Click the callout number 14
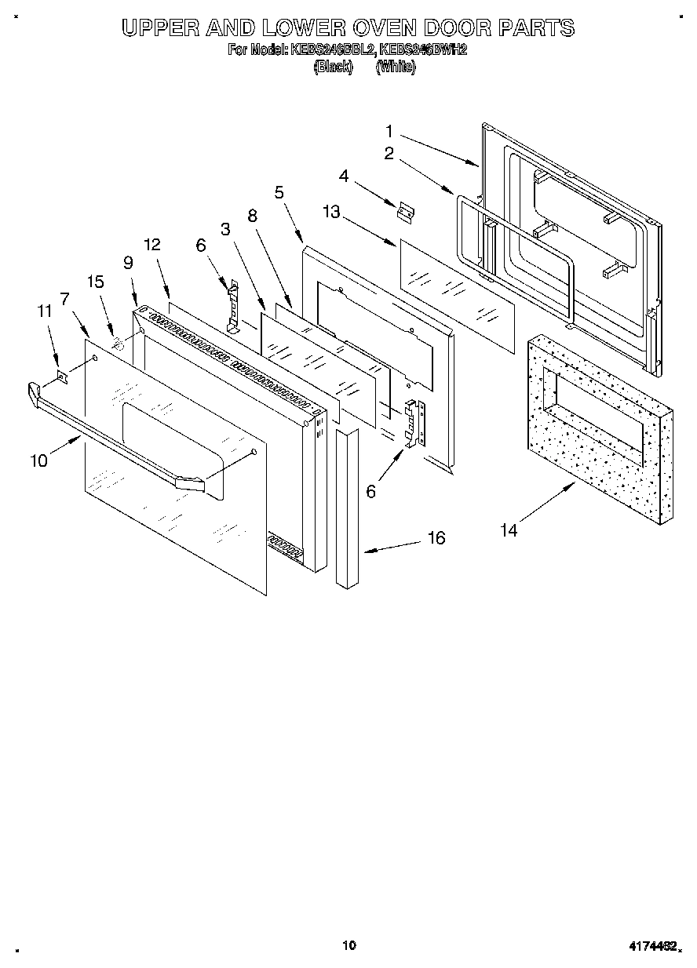[x=509, y=531]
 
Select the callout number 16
[x=436, y=537]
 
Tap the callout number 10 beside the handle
[x=38, y=460]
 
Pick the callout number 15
[x=95, y=282]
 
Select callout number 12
[x=151, y=245]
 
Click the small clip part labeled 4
[x=406, y=211]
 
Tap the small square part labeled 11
[x=63, y=378]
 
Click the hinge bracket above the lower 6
[x=414, y=424]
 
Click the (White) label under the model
[x=396, y=67]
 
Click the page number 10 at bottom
[x=349, y=945]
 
